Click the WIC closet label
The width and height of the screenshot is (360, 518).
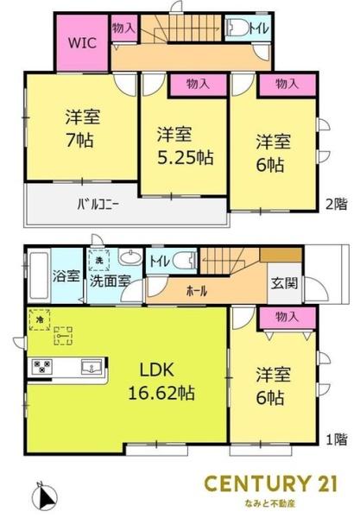82,41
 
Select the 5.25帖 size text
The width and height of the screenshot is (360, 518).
184,158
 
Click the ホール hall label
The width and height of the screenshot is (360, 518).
198,291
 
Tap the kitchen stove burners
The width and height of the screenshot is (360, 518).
41,368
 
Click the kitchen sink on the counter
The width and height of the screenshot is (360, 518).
91,369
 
